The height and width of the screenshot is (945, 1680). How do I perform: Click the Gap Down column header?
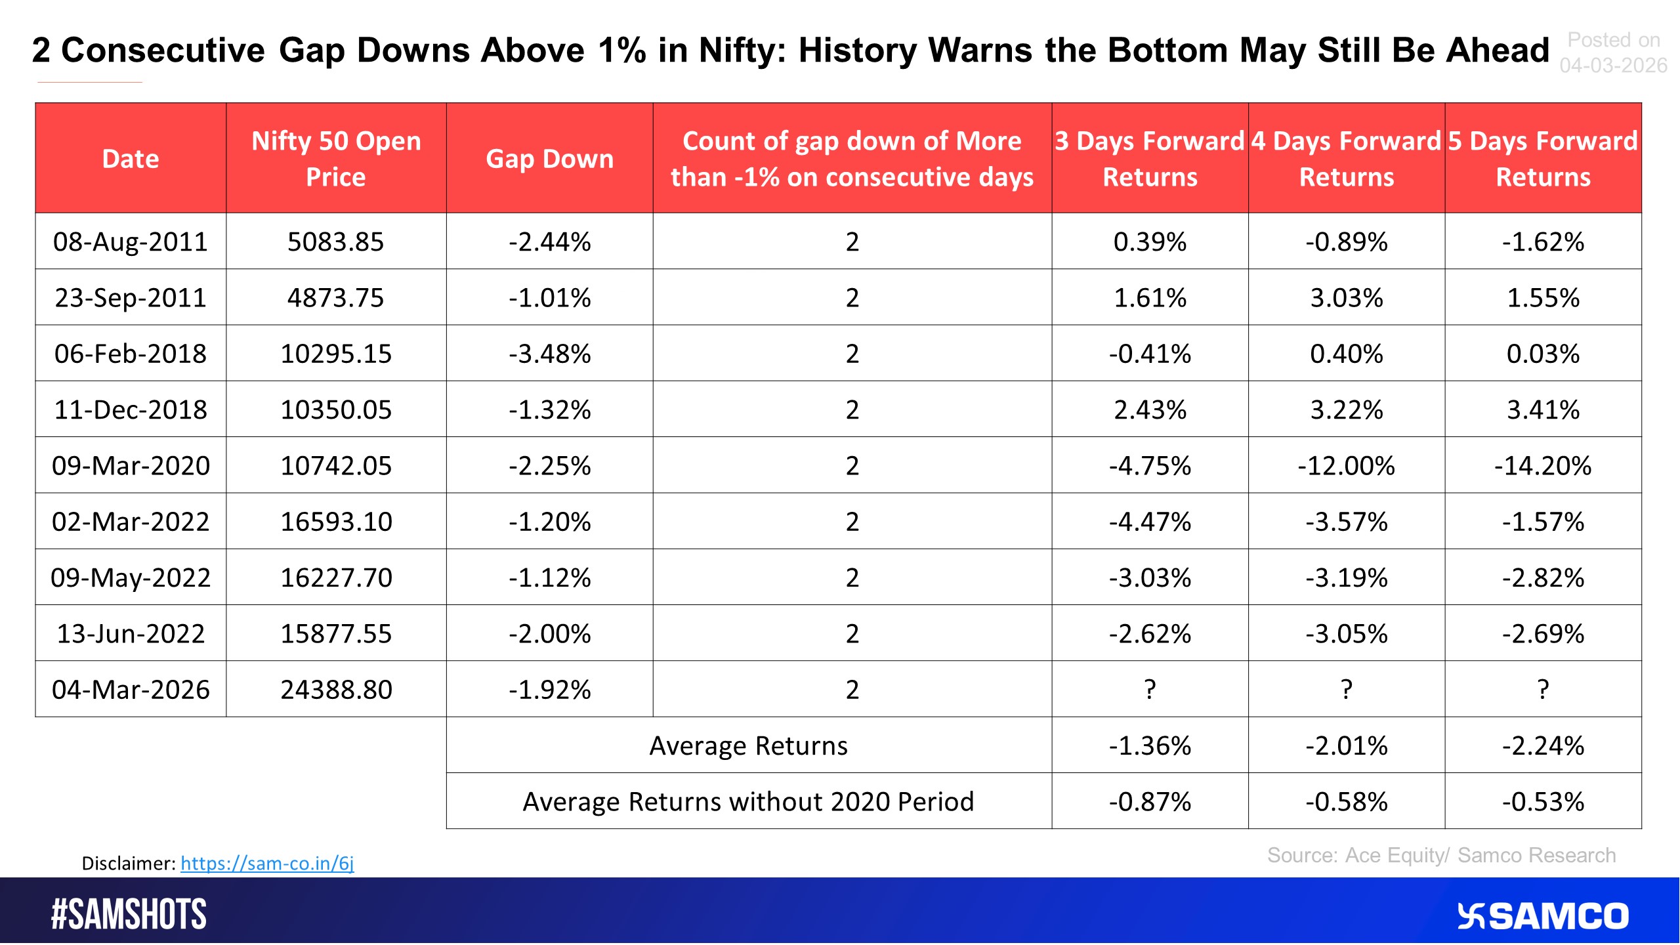point(549,159)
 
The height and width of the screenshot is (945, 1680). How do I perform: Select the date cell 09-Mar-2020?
point(131,465)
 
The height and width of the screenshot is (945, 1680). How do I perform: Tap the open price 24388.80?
point(336,689)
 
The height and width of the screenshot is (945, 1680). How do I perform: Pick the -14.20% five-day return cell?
point(1543,465)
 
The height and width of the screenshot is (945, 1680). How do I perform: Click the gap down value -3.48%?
point(549,354)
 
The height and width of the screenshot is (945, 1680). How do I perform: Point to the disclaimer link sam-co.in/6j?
point(267,862)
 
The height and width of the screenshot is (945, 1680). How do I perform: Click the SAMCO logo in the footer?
point(1542,916)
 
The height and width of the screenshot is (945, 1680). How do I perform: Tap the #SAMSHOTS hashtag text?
point(129,914)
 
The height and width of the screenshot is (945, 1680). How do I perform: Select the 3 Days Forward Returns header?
point(1150,159)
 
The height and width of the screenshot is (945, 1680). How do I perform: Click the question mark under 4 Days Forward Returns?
point(1347,689)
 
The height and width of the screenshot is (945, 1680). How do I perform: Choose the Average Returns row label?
point(748,745)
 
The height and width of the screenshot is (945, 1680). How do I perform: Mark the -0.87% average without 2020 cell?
point(1150,801)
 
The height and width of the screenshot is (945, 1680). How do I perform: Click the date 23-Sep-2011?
point(131,298)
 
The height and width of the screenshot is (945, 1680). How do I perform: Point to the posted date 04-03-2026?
point(1613,65)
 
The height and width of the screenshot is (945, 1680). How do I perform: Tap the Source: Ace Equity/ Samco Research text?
point(1441,855)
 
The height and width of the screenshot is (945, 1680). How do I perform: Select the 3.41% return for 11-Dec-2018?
point(1543,409)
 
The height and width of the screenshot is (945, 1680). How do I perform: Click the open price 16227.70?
point(336,577)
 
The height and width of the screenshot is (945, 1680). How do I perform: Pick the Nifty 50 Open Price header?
point(336,159)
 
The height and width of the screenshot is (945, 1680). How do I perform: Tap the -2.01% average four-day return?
point(1347,745)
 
